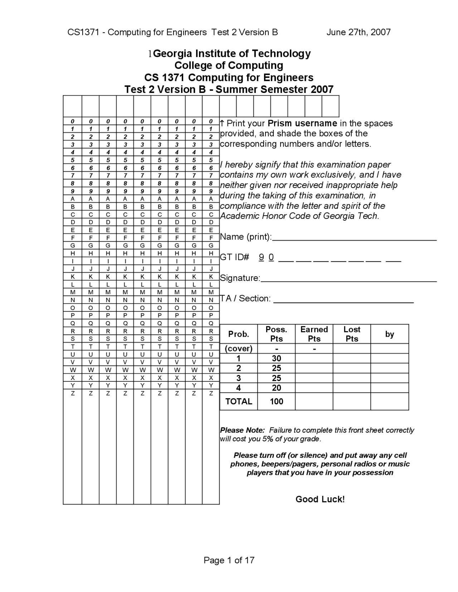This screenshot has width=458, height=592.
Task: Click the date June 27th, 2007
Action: [358, 33]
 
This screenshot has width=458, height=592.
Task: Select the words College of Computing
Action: [229, 65]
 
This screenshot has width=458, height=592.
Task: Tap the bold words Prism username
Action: [302, 124]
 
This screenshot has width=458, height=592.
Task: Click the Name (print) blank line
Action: [354, 238]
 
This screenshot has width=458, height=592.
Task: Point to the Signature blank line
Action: [349, 280]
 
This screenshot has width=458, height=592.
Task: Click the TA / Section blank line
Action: [343, 301]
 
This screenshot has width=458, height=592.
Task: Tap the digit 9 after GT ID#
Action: [262, 257]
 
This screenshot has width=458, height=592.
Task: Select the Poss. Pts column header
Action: [276, 334]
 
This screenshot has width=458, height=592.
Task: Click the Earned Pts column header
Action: [314, 334]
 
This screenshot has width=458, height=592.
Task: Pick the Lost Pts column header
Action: [351, 334]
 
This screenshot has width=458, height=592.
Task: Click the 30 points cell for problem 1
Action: [276, 359]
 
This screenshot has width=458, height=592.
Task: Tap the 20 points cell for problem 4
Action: [276, 388]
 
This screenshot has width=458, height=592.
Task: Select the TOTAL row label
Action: [239, 401]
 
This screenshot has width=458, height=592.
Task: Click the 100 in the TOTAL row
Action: [276, 401]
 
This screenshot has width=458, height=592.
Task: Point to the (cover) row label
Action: [239, 349]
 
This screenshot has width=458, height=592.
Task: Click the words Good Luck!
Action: [320, 499]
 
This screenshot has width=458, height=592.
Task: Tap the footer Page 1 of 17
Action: [229, 560]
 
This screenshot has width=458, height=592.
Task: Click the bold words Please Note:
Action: [242, 430]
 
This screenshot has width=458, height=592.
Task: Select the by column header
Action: [389, 334]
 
